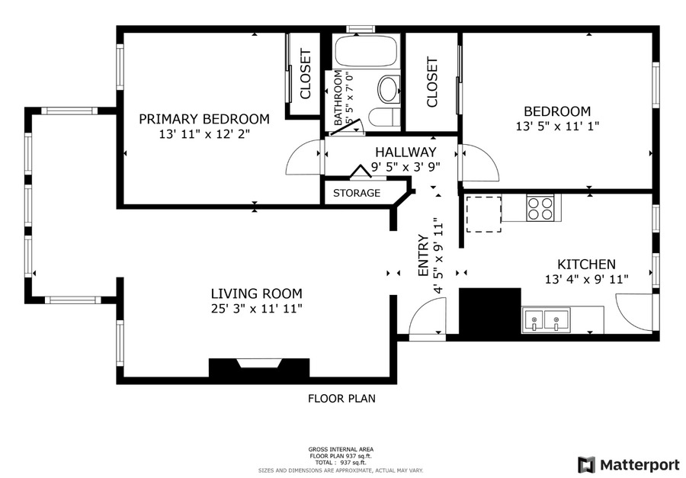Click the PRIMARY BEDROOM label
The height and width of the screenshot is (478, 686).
pyautogui.click(x=204, y=119)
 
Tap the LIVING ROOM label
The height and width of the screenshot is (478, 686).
pyautogui.click(x=256, y=294)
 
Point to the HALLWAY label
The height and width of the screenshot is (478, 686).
pyautogui.click(x=404, y=152)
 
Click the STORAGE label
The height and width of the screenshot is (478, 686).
pyautogui.click(x=356, y=193)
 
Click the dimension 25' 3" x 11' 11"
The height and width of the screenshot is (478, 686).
pyautogui.click(x=256, y=308)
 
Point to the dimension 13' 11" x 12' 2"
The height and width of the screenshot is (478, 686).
pyautogui.click(x=204, y=133)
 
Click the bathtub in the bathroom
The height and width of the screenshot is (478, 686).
pyautogui.click(x=365, y=52)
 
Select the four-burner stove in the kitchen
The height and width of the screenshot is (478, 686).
pyautogui.click(x=540, y=207)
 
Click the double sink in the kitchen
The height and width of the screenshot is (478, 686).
pyautogui.click(x=546, y=320)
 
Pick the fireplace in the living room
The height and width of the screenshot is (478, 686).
pyautogui.click(x=259, y=367)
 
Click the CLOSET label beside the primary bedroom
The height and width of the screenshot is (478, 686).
pyautogui.click(x=305, y=74)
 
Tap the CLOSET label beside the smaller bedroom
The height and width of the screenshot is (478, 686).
pyautogui.click(x=432, y=82)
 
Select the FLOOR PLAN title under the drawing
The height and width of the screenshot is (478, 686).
pyautogui.click(x=341, y=398)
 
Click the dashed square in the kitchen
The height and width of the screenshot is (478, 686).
pyautogui.click(x=483, y=213)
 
